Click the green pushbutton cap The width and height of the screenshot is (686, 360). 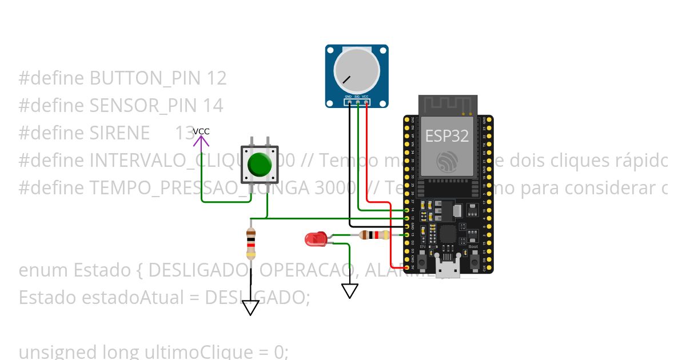[x=260, y=164]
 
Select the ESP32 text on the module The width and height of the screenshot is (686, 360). [x=447, y=136]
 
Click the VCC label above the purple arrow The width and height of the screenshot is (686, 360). [x=201, y=131]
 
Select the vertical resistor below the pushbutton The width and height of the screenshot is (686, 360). [x=250, y=244]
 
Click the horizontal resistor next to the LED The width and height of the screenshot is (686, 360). [x=374, y=234]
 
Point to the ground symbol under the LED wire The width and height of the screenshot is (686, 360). [x=349, y=291]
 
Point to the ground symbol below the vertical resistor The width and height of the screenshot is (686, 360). [x=250, y=308]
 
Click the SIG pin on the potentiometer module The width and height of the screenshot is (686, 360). [x=357, y=102]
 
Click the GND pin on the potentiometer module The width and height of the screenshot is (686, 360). [x=349, y=102]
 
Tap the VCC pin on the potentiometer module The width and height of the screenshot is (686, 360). [x=366, y=102]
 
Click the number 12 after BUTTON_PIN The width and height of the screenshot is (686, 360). [x=217, y=78]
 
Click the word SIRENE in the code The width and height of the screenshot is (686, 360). [x=119, y=133]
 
